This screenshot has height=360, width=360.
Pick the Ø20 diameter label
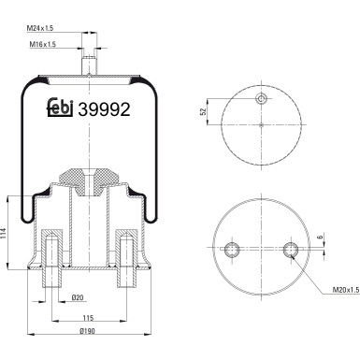79,298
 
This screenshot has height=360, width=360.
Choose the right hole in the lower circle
291,249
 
